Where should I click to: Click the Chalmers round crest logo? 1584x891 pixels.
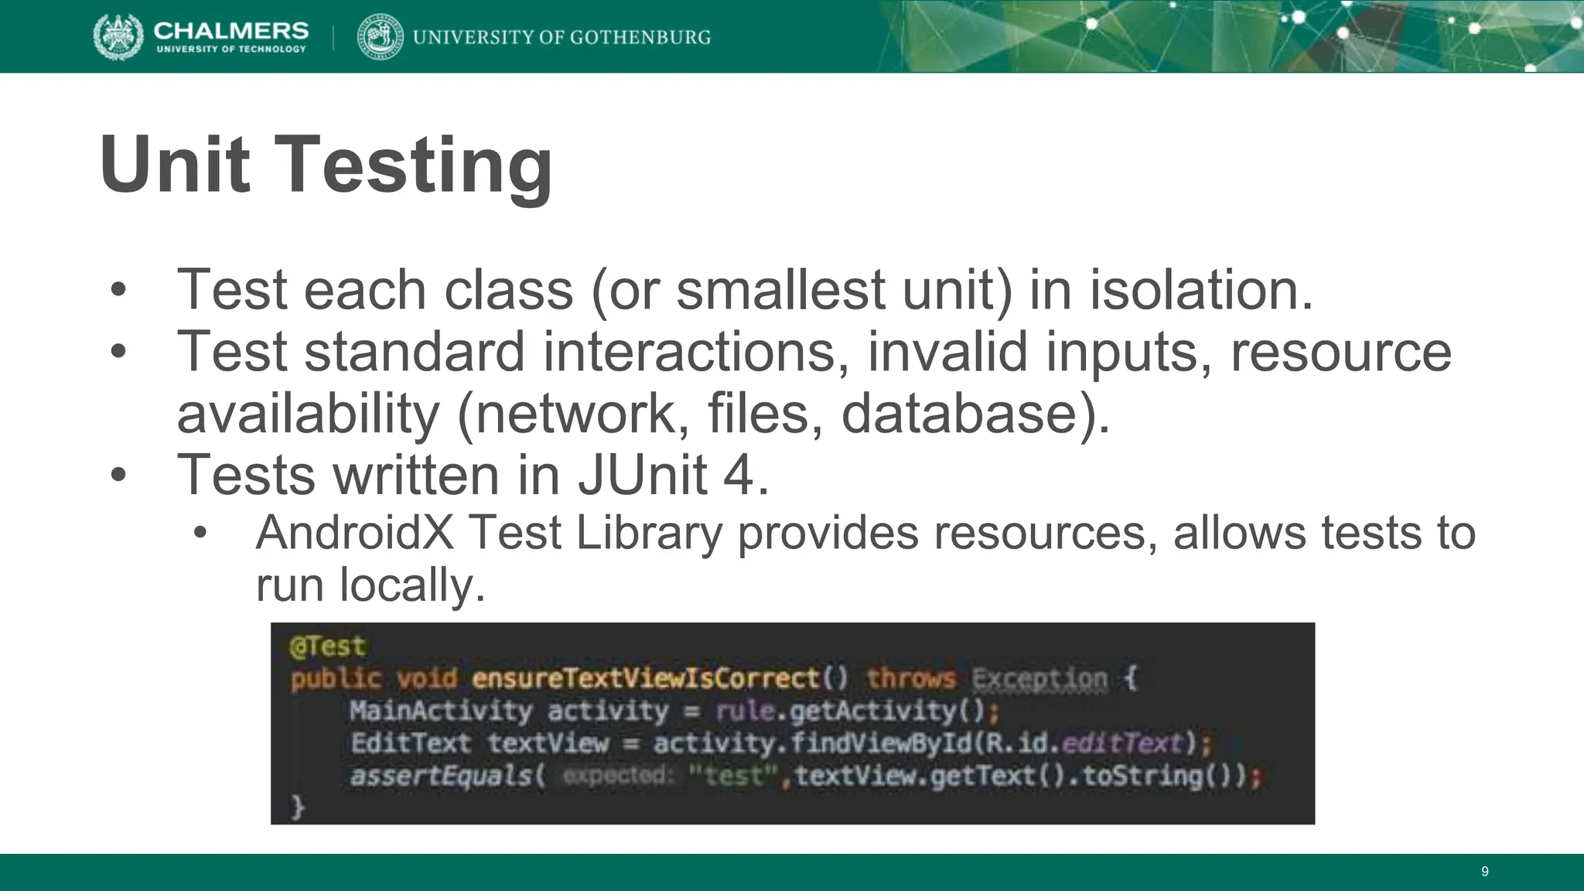118,36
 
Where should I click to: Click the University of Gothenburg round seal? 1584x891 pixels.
380,36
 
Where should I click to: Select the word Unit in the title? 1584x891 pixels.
175,165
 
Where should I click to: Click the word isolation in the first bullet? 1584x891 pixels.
1200,290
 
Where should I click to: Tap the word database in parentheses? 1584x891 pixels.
959,414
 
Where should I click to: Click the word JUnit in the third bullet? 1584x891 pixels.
642,475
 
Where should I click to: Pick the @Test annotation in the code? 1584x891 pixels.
326,646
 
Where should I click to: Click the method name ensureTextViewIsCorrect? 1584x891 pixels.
645,678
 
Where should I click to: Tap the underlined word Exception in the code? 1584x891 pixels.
1039,678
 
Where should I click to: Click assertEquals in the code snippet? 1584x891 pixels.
442,775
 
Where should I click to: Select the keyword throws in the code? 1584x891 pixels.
911,678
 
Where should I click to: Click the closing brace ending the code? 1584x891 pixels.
298,807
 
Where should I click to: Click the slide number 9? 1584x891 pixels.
1484,872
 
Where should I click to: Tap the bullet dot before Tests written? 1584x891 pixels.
118,475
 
